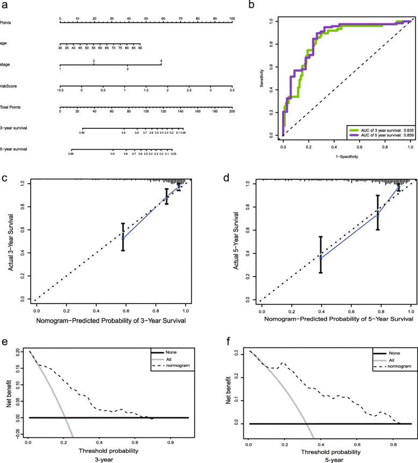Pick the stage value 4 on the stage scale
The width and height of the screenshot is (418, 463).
[x=161, y=61]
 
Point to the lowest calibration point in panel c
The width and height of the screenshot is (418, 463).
[x=123, y=237]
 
